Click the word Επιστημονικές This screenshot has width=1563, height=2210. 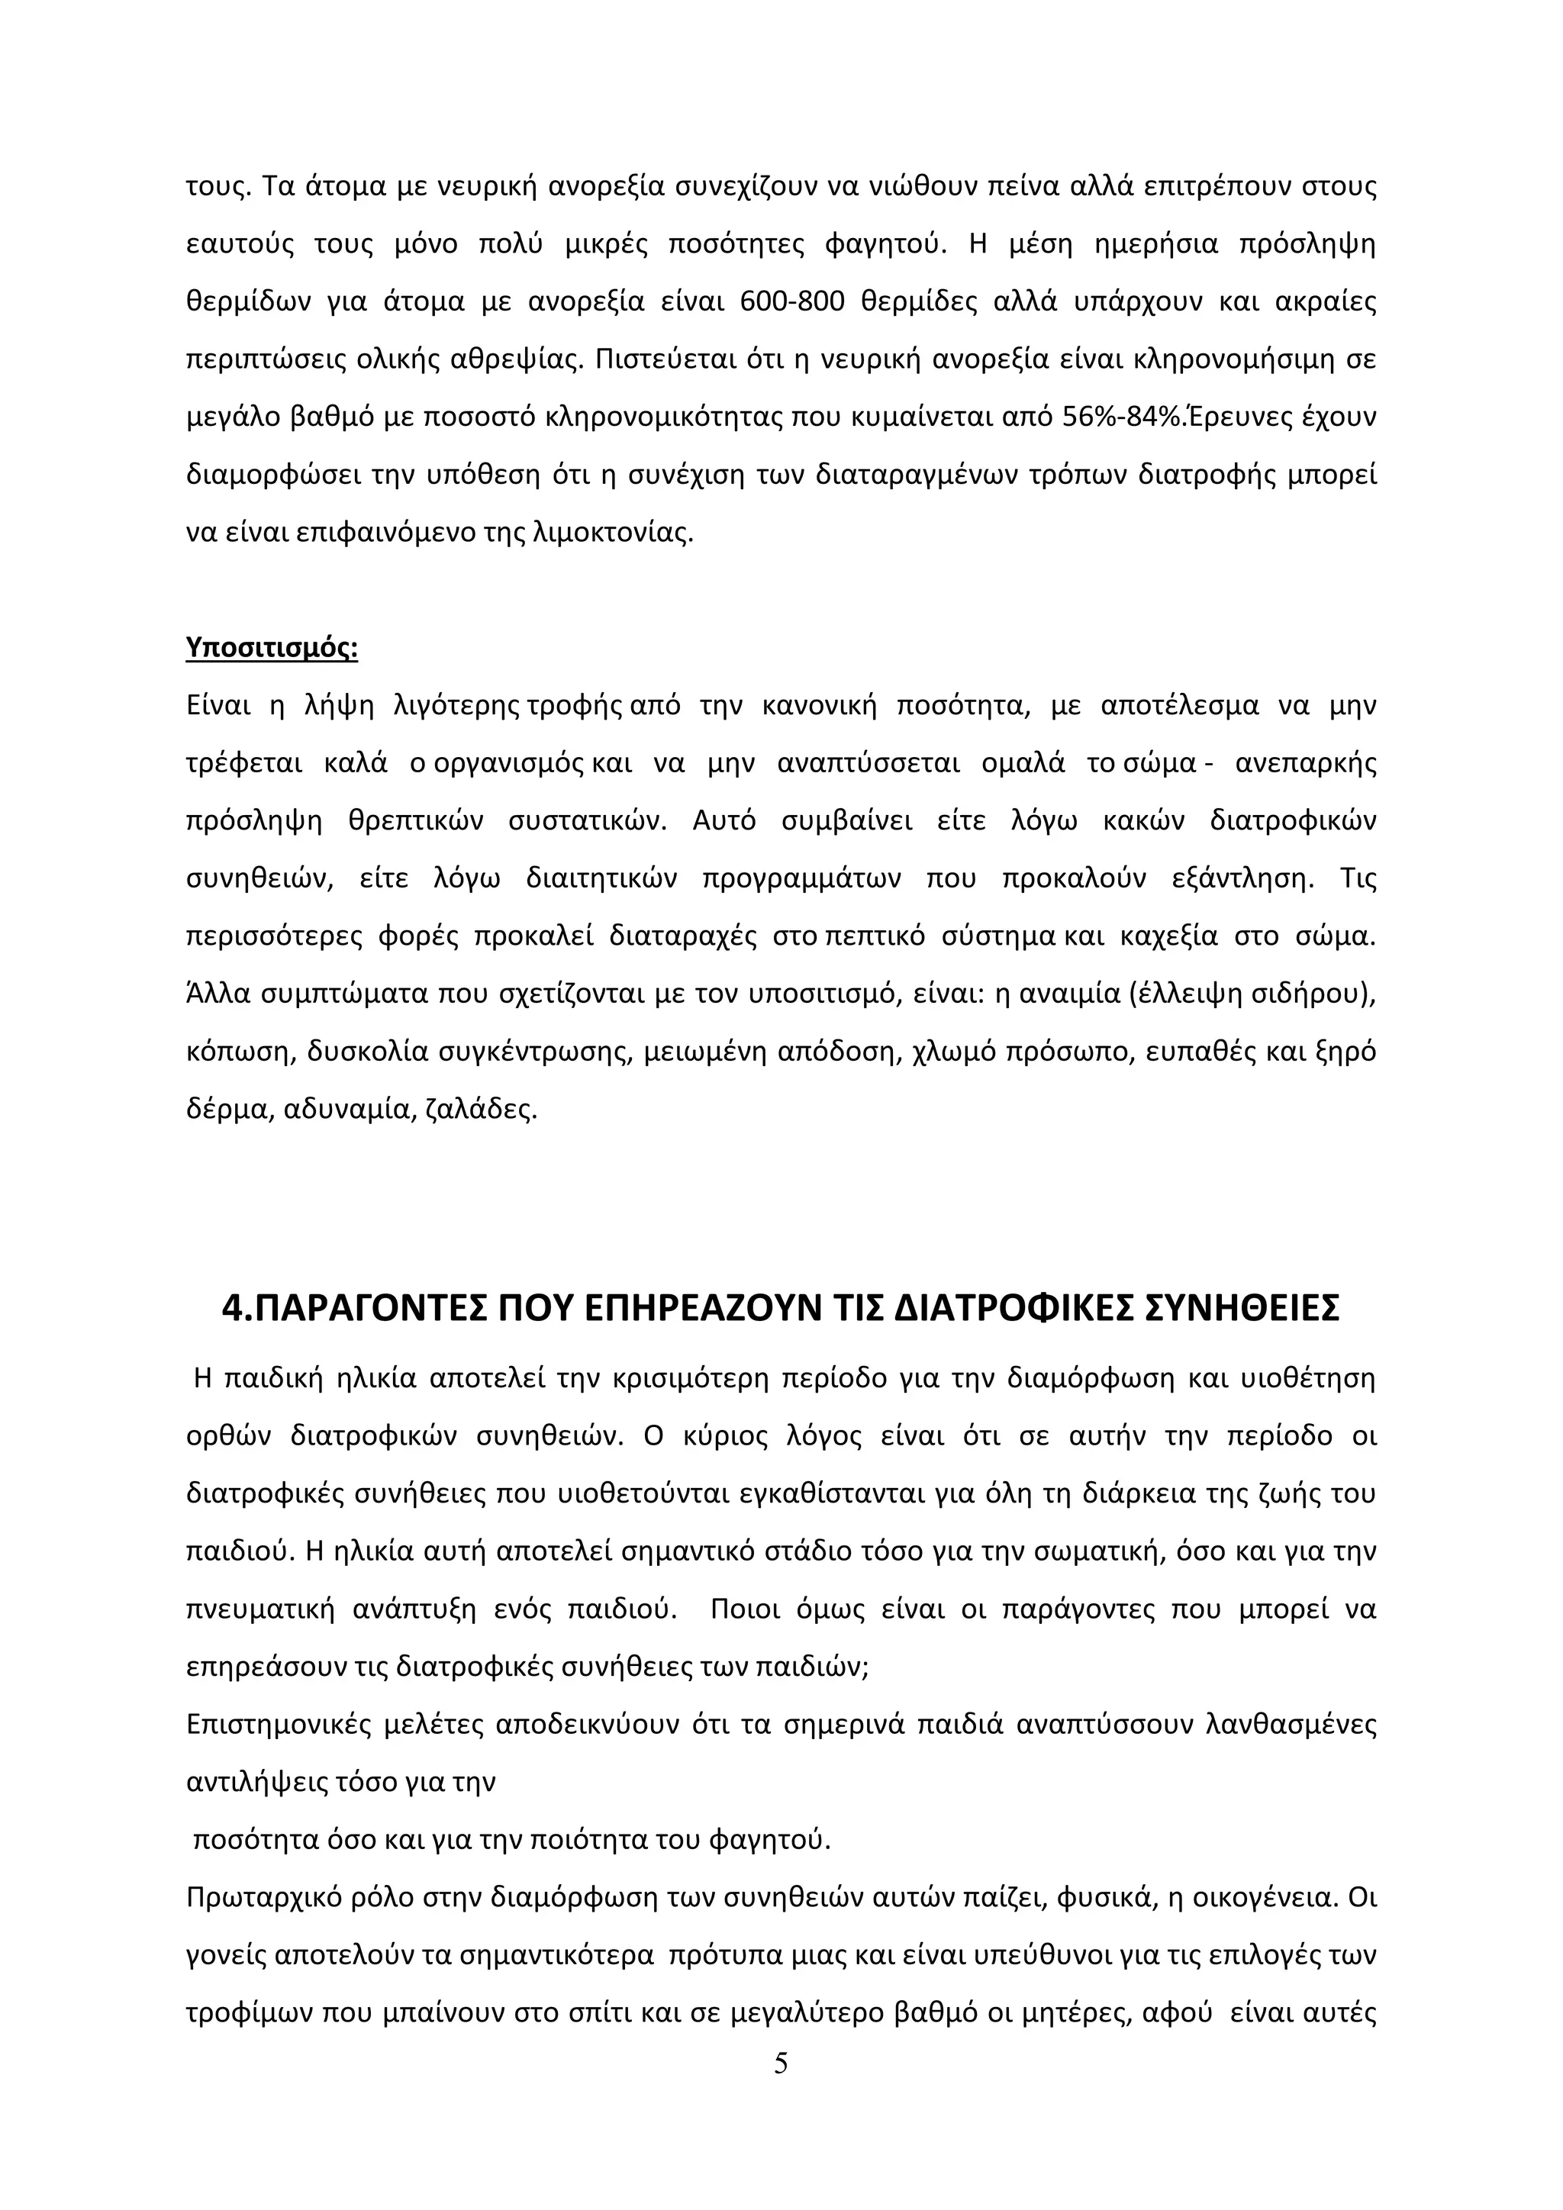click(x=274, y=1724)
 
